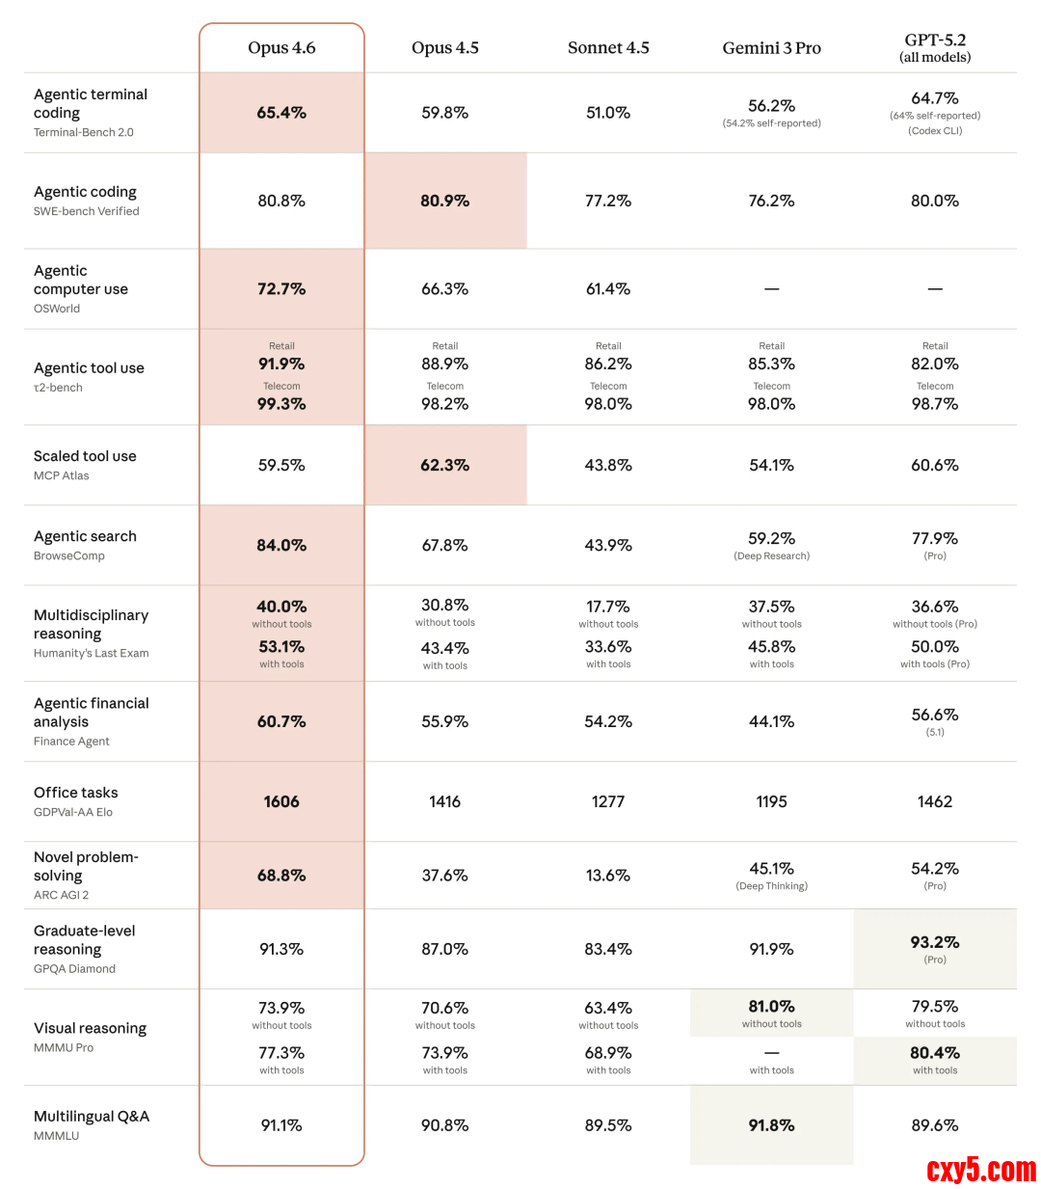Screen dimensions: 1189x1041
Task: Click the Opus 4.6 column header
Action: (281, 48)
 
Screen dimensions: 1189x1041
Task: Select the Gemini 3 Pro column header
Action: (771, 48)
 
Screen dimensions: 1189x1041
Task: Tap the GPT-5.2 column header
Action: (935, 47)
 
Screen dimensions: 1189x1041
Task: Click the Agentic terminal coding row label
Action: (91, 103)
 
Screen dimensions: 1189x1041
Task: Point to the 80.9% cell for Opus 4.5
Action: (444, 201)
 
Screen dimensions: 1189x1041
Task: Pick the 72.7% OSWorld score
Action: (281, 288)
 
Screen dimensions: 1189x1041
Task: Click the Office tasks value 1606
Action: (281, 801)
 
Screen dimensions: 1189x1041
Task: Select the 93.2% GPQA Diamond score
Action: (935, 942)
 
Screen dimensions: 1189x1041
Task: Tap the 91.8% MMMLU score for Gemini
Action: (771, 1125)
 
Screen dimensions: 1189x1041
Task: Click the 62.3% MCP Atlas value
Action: (444, 465)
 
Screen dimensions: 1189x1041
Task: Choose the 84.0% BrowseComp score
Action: (281, 545)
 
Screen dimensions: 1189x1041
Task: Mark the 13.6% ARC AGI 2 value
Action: (608, 876)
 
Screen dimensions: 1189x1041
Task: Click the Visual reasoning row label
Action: (90, 1028)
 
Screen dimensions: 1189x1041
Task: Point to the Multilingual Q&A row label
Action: (92, 1116)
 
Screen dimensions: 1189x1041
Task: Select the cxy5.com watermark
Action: (980, 1170)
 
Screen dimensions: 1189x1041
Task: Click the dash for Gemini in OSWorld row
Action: (771, 289)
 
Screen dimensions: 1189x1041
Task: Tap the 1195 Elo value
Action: (771, 801)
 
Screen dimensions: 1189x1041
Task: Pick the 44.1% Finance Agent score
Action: (771, 721)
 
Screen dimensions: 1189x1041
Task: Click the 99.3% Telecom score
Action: (281, 404)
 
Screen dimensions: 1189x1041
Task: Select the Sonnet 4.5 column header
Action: (608, 48)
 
